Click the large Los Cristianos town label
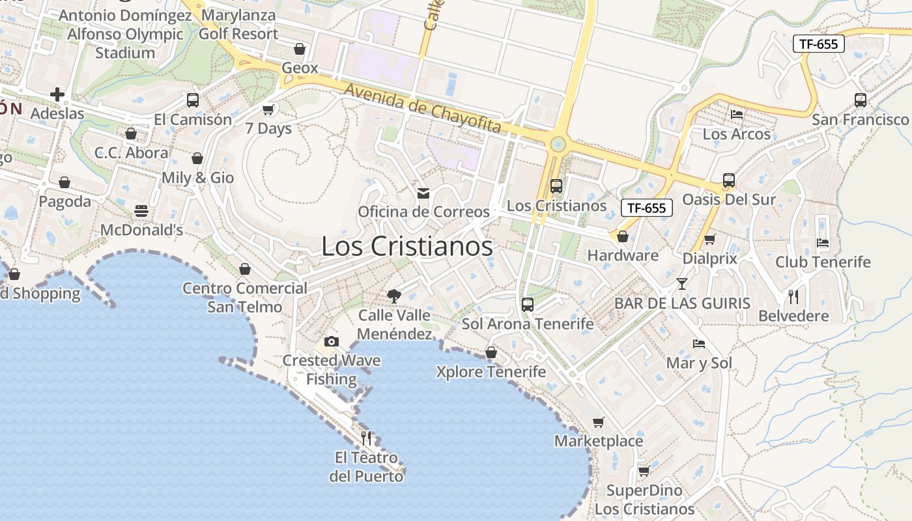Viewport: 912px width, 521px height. click(x=407, y=246)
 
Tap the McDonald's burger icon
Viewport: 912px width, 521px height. click(x=141, y=211)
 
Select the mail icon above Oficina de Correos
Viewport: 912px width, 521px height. click(x=423, y=193)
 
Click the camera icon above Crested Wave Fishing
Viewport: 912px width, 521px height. click(x=331, y=341)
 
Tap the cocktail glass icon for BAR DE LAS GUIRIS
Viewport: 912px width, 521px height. click(x=682, y=284)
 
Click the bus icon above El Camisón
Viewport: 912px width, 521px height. click(x=193, y=100)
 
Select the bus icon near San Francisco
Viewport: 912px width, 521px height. click(x=861, y=100)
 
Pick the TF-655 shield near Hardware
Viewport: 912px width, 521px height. click(x=646, y=208)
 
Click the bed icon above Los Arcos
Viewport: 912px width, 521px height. click(x=737, y=115)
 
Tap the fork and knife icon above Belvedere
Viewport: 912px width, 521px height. click(x=793, y=297)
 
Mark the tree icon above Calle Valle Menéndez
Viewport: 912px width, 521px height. click(x=394, y=296)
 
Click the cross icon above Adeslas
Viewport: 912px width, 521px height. click(x=57, y=94)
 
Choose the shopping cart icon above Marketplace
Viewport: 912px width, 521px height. click(x=599, y=422)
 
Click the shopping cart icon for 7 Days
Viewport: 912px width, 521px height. click(x=268, y=109)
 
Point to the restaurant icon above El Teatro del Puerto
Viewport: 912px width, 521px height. click(x=366, y=438)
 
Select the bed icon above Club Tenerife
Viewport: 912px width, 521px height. click(x=823, y=243)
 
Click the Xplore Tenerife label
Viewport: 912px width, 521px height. click(x=491, y=372)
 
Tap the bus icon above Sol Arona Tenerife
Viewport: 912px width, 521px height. click(x=528, y=304)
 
